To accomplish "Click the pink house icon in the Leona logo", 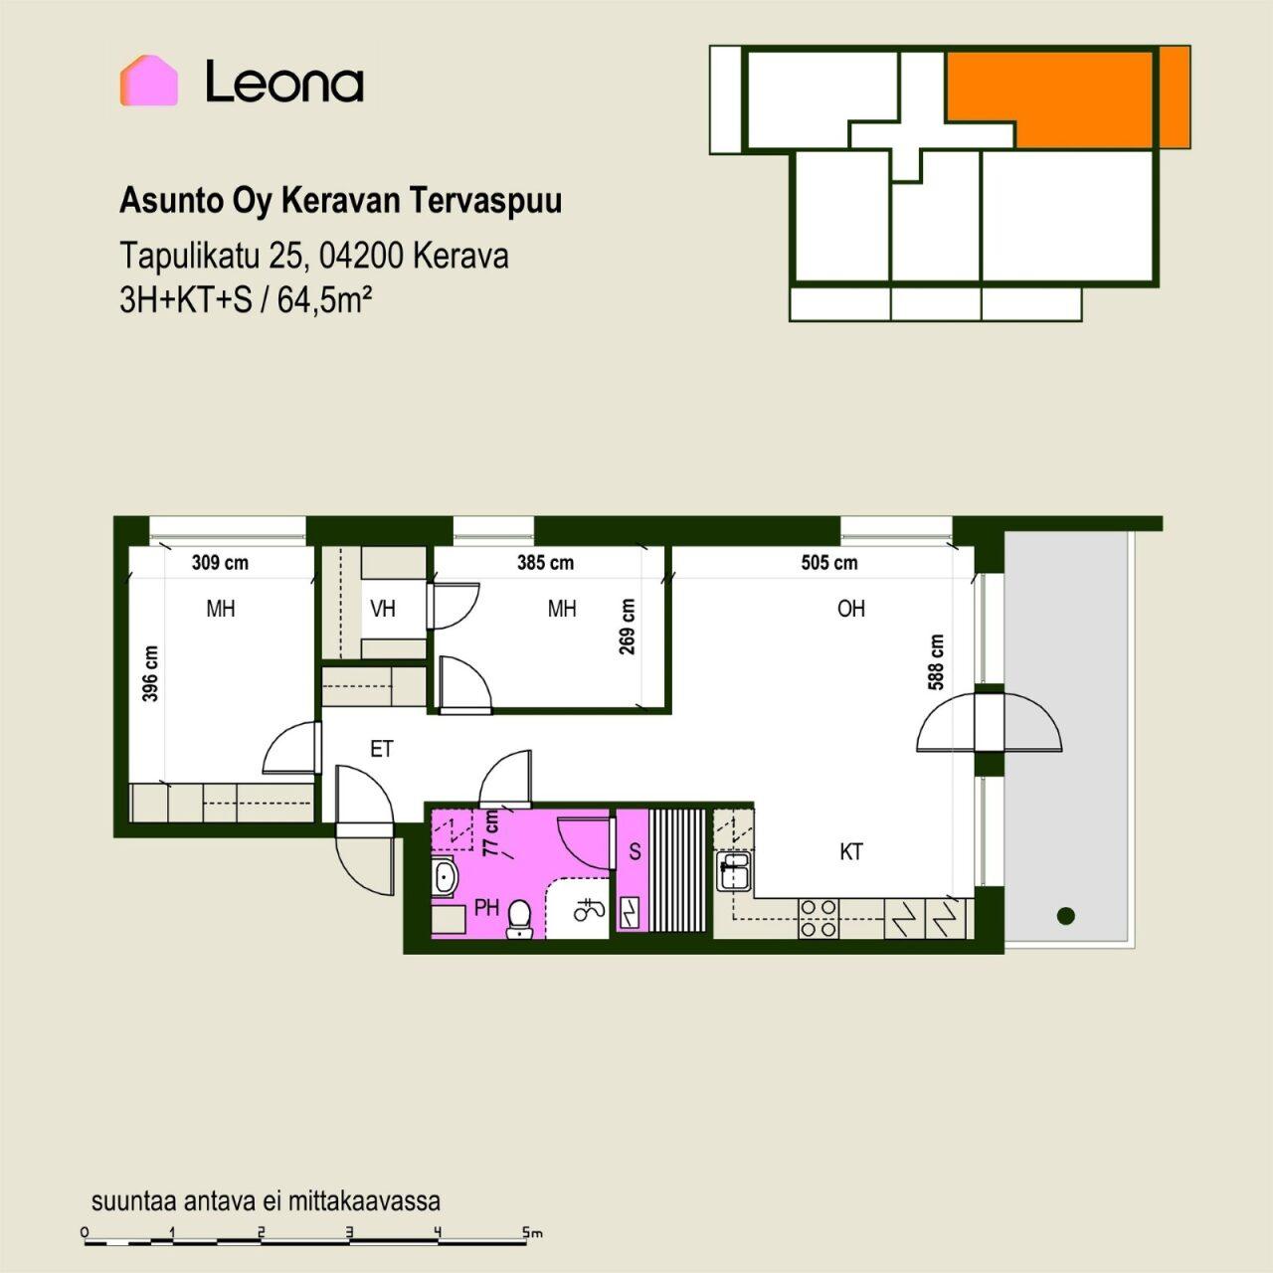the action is pyautogui.click(x=149, y=81).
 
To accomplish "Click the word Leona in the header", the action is pyautogui.click(x=284, y=82).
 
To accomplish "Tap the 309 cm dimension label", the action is pyautogui.click(x=220, y=563).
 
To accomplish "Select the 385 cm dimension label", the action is pyautogui.click(x=545, y=563).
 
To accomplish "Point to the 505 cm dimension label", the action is pyautogui.click(x=829, y=563).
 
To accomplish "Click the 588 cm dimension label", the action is pyautogui.click(x=936, y=662).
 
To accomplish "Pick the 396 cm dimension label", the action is pyautogui.click(x=150, y=673).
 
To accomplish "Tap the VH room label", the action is pyautogui.click(x=383, y=609).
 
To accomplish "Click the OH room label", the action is pyautogui.click(x=851, y=609).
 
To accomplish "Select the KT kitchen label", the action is pyautogui.click(x=851, y=852).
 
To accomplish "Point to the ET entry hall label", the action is pyautogui.click(x=382, y=749).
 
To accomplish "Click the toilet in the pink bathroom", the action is pyautogui.click(x=519, y=918).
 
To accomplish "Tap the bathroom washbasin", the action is pyautogui.click(x=446, y=876).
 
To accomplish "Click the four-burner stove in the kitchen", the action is pyautogui.click(x=818, y=918).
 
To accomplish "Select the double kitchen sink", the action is pyautogui.click(x=734, y=870).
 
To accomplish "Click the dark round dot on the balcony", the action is pyautogui.click(x=1065, y=916).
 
